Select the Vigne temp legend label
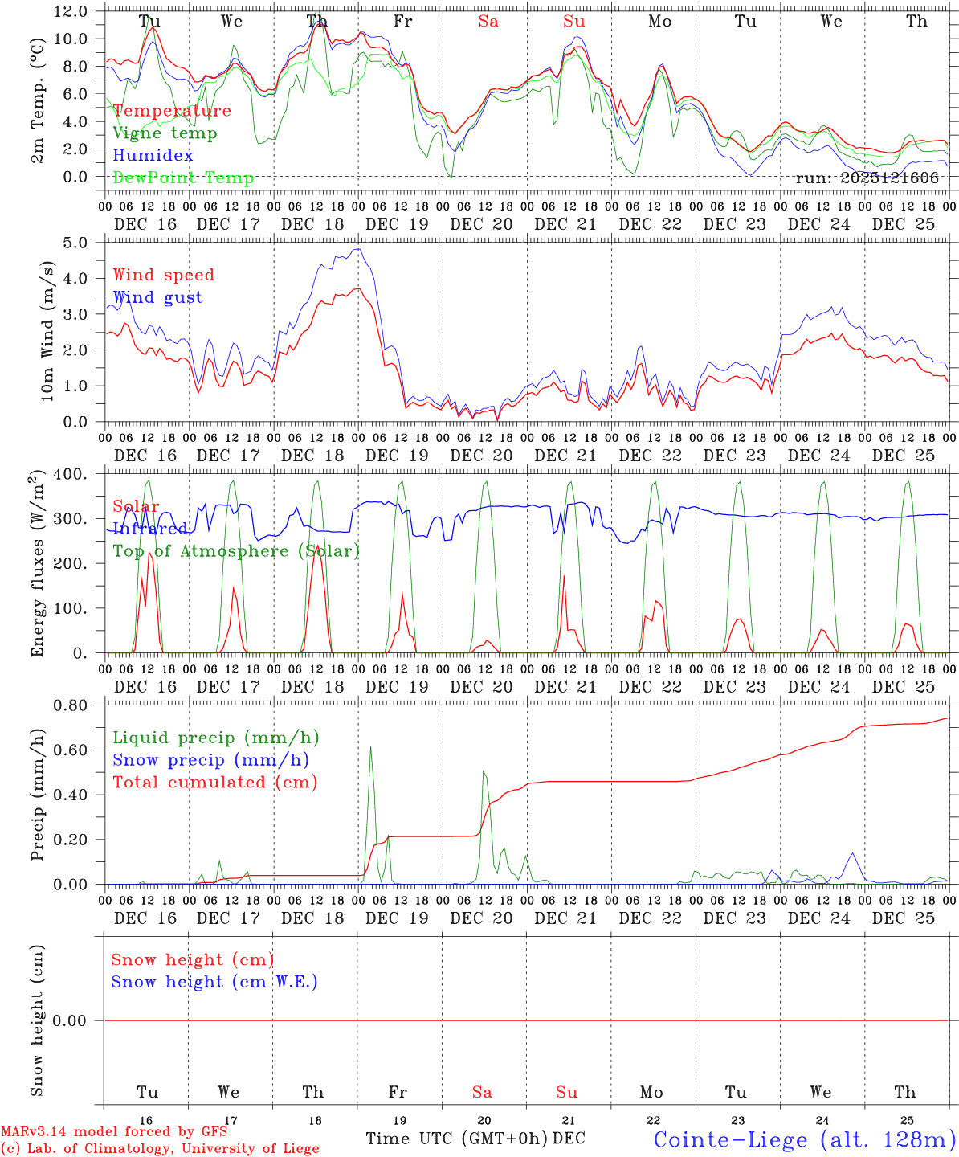coord(165,133)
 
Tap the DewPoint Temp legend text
coord(183,178)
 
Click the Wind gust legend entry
coord(157,298)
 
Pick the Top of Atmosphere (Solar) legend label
coord(236,551)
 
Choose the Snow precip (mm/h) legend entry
coord(210,760)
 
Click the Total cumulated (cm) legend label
coord(214,783)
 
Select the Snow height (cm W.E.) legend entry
coord(214,982)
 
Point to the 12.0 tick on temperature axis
coord(71,11)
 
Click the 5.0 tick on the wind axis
coord(75,243)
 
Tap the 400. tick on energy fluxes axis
coord(71,474)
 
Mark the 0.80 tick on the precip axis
coord(71,705)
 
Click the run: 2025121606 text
coord(867,178)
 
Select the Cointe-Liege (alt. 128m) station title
coord(804,1139)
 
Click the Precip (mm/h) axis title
coord(38,795)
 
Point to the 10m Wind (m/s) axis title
coord(47,332)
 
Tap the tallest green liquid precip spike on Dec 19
coord(370,748)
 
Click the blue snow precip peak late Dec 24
coord(852,854)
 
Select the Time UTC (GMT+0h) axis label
coord(457,1139)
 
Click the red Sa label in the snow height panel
coord(482,1092)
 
